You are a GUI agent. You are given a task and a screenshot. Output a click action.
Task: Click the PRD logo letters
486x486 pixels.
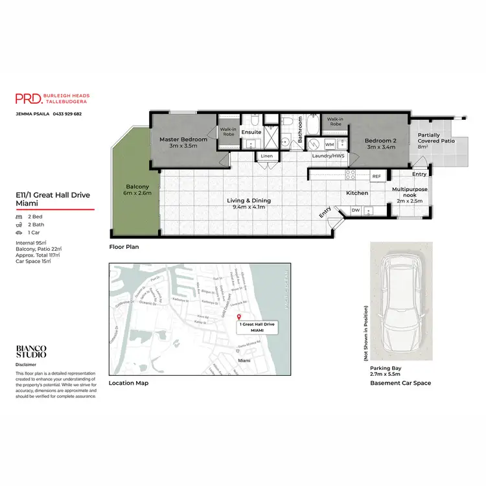(29, 98)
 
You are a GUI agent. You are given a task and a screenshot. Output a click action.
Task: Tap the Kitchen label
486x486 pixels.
(356, 193)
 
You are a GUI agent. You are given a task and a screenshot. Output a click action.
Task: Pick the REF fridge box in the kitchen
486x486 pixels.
(376, 176)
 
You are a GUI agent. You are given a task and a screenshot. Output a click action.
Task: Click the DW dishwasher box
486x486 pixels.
(355, 210)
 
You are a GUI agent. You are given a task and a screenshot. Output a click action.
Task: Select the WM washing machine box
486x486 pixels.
(329, 145)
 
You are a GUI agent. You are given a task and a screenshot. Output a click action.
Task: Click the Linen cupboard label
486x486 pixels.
(267, 156)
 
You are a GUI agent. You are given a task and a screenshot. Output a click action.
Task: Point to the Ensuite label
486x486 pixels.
(251, 132)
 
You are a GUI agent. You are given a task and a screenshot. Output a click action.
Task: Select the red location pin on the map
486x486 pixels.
(239, 316)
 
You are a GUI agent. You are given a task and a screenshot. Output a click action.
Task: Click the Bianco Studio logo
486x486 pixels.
(31, 352)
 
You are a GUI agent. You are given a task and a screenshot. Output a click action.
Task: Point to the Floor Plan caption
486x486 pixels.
(124, 247)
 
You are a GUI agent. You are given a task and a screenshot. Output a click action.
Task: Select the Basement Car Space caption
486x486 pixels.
(400, 383)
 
